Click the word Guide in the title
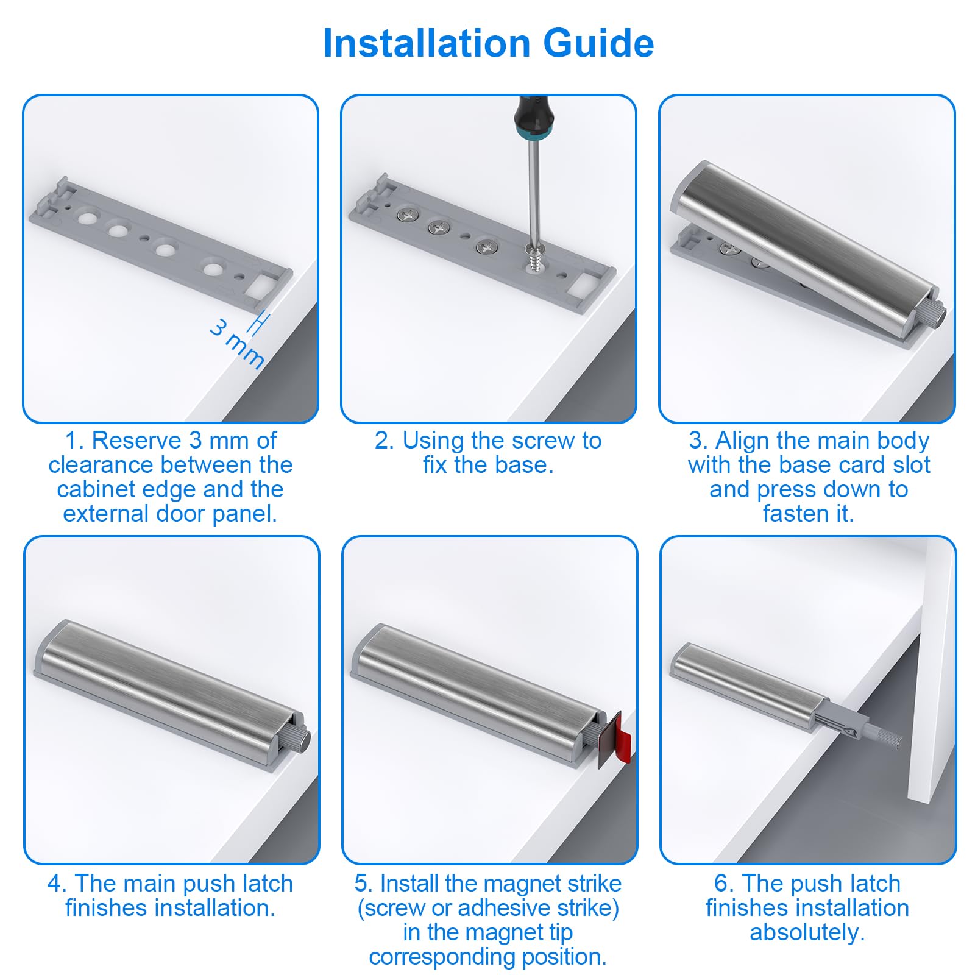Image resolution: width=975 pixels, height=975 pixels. [598, 43]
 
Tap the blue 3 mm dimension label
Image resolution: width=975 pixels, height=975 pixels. [236, 344]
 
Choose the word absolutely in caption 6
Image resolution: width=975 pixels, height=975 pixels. [807, 933]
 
